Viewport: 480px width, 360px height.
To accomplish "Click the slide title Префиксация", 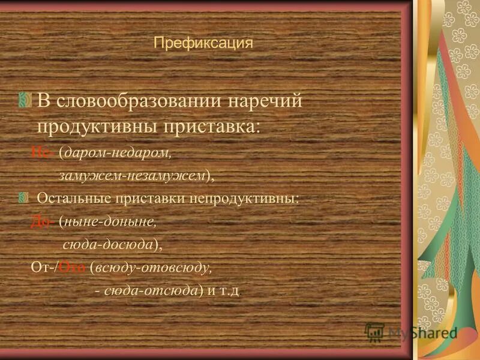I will (x=203, y=44).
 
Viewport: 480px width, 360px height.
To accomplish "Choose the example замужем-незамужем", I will (x=132, y=176).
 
